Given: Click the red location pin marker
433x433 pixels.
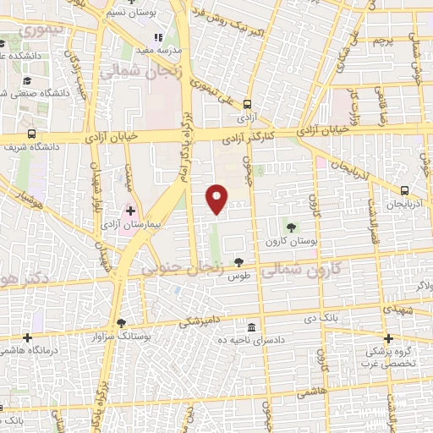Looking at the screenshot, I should tap(217, 198).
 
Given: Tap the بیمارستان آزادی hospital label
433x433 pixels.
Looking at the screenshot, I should tap(130, 226).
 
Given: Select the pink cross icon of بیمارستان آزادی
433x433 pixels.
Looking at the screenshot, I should tap(130, 211).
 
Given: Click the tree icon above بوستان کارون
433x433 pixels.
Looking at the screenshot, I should tap(291, 227).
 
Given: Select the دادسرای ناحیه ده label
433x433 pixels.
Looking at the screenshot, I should tap(251, 341).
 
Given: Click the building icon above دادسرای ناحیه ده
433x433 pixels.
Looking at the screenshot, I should tap(251, 327).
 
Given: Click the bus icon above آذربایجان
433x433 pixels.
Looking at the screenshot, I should tap(405, 190).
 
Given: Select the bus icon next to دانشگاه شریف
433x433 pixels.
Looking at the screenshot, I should tap(31, 134).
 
